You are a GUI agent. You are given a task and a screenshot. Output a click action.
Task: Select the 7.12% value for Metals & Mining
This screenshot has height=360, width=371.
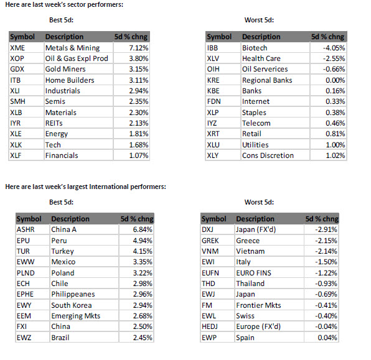pyautogui.click(x=139, y=48)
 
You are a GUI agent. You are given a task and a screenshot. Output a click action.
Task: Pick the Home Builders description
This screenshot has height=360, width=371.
pyautogui.click(x=70, y=80)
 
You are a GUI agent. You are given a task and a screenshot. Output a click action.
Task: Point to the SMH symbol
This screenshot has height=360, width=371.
pyautogui.click(x=17, y=101)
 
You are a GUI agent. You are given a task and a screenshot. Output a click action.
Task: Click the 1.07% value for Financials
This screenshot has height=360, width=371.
pyautogui.click(x=139, y=155)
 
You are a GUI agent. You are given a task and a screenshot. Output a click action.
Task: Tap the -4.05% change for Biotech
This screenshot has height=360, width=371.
pyautogui.click(x=334, y=48)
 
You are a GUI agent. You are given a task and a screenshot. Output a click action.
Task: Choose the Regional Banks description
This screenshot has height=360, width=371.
pyautogui.click(x=267, y=80)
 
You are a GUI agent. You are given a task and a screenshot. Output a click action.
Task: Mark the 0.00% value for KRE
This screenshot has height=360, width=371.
pyautogui.click(x=336, y=80)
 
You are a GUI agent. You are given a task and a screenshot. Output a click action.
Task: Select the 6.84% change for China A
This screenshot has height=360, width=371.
pyautogui.click(x=143, y=229)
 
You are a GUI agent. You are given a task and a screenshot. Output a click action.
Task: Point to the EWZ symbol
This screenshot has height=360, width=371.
pyautogui.click(x=24, y=338)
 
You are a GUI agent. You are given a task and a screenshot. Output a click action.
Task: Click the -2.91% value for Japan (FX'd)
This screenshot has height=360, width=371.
pyautogui.click(x=326, y=229)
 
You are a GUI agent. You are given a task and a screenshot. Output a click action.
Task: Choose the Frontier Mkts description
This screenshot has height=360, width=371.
pyautogui.click(x=258, y=305)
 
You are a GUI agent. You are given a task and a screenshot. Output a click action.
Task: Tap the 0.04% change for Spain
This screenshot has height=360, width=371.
pyautogui.click(x=327, y=338)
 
